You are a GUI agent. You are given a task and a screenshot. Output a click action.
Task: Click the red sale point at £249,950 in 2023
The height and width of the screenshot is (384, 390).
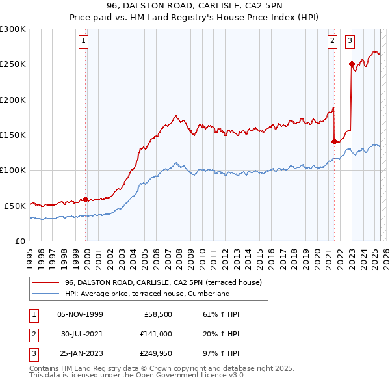tap(352, 64)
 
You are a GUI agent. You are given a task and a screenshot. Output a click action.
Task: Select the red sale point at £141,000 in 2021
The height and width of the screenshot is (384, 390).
tap(334, 141)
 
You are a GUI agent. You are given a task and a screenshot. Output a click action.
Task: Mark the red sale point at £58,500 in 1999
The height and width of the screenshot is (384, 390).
tap(85, 199)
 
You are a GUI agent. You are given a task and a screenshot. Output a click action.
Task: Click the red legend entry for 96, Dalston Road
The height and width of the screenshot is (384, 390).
tap(163, 282)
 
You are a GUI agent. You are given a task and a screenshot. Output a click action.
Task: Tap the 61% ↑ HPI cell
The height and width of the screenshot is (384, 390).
tap(222, 314)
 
